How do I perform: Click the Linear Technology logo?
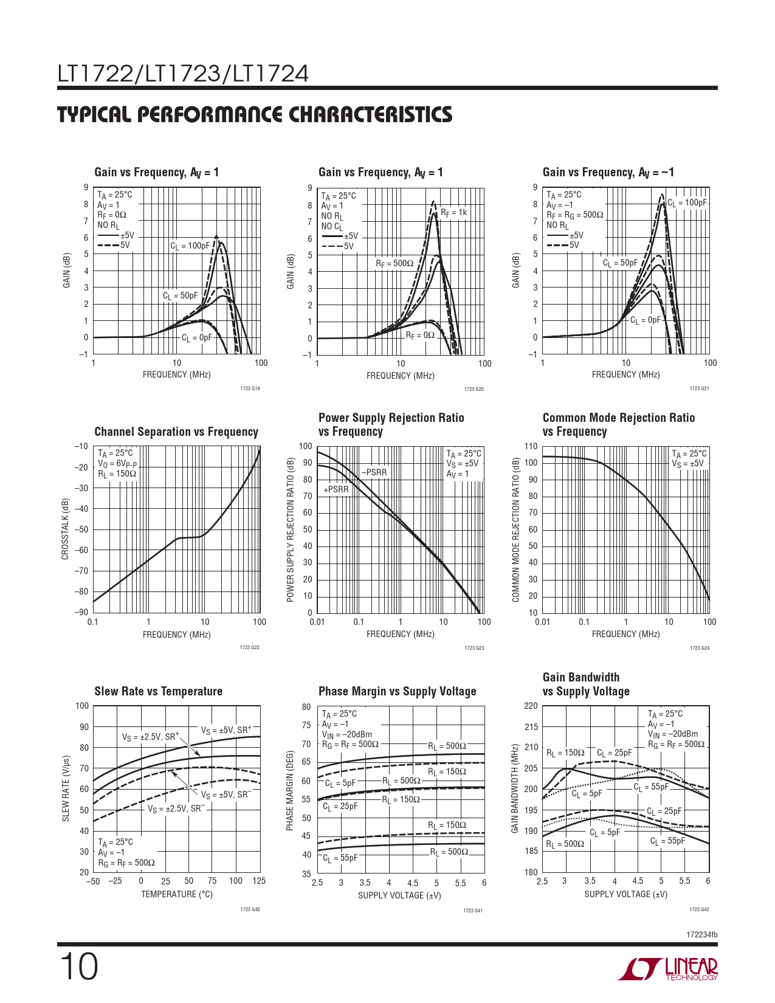pyautogui.click(x=667, y=969)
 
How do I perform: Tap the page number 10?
pyautogui.click(x=78, y=968)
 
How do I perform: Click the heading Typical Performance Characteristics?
pyautogui.click(x=255, y=114)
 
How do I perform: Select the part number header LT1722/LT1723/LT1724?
pyautogui.click(x=183, y=74)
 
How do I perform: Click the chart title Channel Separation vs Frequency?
pyautogui.click(x=176, y=432)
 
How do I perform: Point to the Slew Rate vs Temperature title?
pyautogui.click(x=158, y=691)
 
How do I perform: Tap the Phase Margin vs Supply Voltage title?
pyautogui.click(x=397, y=691)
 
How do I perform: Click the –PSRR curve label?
pyautogui.click(x=374, y=472)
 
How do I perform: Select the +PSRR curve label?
pyautogui.click(x=336, y=489)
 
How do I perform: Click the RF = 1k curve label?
pyautogui.click(x=453, y=213)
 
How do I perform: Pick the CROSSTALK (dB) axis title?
pyautogui.click(x=65, y=529)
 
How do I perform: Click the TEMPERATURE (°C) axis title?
pyautogui.click(x=177, y=894)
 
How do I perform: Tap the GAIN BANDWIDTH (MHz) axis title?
pyautogui.click(x=514, y=788)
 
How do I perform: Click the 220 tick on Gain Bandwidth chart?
pyautogui.click(x=531, y=706)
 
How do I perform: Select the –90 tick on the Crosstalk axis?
pyautogui.click(x=81, y=613)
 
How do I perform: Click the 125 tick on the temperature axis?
pyautogui.click(x=259, y=881)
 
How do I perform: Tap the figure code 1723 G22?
pyautogui.click(x=250, y=648)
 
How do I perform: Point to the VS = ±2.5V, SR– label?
pyautogui.click(x=176, y=809)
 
